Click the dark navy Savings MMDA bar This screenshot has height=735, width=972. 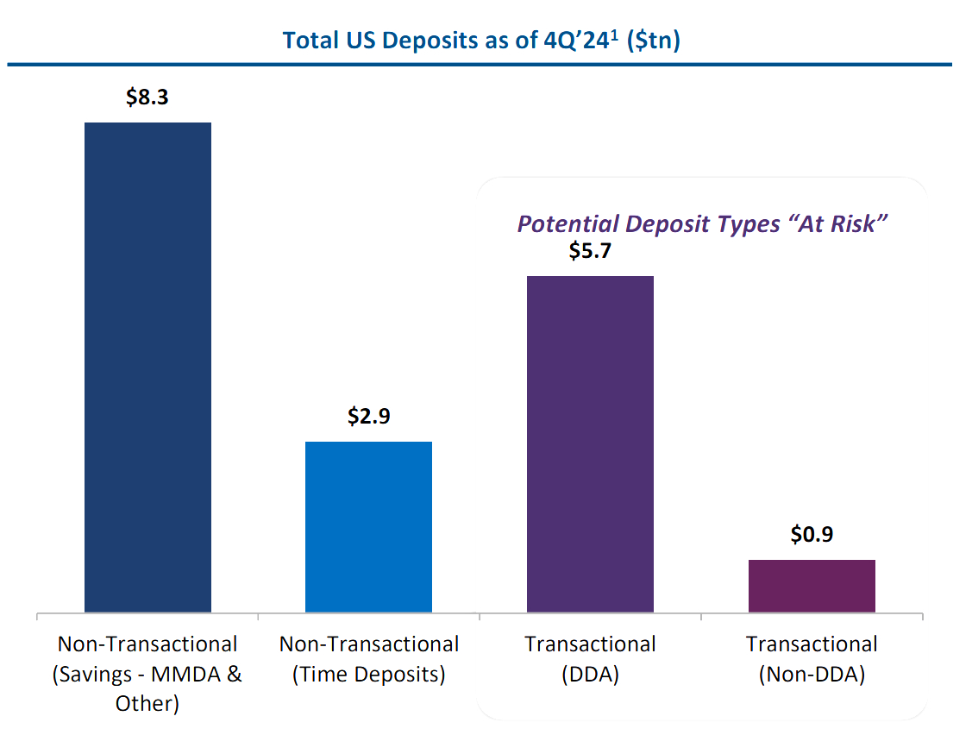[x=147, y=367]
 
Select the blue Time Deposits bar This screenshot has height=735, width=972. [x=368, y=527]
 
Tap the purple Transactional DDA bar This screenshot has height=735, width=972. [x=590, y=444]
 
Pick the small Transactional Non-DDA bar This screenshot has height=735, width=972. [x=812, y=586]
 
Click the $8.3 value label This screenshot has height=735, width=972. [x=147, y=97]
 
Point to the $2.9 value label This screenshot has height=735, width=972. [x=369, y=417]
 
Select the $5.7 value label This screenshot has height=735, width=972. [x=590, y=251]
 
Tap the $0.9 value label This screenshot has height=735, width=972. [x=812, y=535]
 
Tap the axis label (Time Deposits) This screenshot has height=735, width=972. [x=369, y=674]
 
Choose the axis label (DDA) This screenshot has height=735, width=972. [x=590, y=674]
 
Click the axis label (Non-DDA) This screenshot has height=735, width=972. [x=812, y=674]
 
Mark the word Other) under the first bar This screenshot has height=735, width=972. [x=147, y=703]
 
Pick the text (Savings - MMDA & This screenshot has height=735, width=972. [x=147, y=674]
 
